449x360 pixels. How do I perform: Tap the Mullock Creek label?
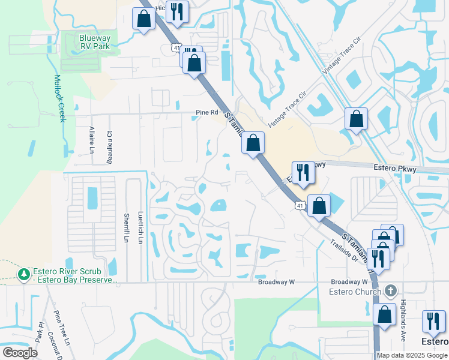(59, 98)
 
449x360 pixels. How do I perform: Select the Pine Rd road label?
(206, 112)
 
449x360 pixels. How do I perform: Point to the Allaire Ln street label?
(92, 140)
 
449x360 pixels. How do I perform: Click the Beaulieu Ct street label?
(109, 148)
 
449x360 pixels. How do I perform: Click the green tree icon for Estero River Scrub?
(24, 274)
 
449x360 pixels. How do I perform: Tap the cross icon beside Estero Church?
(390, 292)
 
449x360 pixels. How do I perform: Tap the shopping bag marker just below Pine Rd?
(253, 143)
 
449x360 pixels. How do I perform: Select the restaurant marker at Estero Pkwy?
(303, 172)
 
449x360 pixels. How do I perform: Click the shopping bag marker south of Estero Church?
(384, 314)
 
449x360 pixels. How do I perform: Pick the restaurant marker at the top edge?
(177, 11)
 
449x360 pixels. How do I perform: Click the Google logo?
(20, 352)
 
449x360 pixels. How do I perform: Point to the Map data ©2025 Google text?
(412, 355)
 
